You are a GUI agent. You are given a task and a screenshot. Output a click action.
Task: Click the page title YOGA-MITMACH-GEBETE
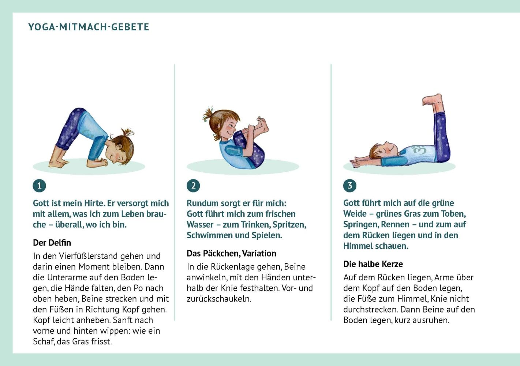[89, 27]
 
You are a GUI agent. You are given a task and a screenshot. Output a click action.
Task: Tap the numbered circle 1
[39, 186]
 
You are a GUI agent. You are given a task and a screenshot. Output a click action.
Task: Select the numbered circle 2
[193, 186]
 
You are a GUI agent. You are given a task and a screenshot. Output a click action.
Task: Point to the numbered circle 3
[349, 186]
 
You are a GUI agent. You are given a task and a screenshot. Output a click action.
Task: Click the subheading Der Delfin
[52, 243]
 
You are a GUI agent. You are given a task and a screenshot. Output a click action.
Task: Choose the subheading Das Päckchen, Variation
[231, 253]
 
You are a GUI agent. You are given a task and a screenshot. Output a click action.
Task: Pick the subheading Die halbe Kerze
[373, 264]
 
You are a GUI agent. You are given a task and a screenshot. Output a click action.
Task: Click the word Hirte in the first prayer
[94, 203]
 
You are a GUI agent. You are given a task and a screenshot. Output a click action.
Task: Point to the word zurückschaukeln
[219, 299]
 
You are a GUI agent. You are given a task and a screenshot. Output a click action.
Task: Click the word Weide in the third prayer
[355, 214]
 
